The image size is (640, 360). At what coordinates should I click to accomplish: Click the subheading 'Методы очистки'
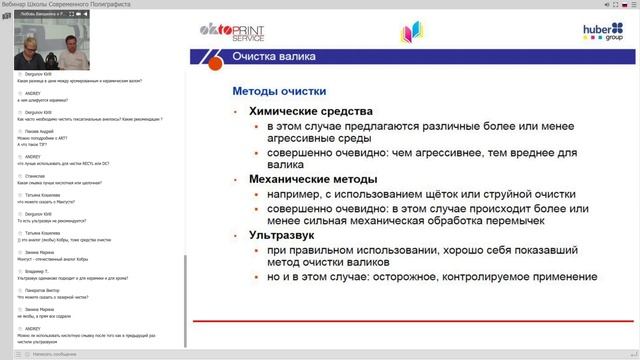(x=274, y=91)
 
